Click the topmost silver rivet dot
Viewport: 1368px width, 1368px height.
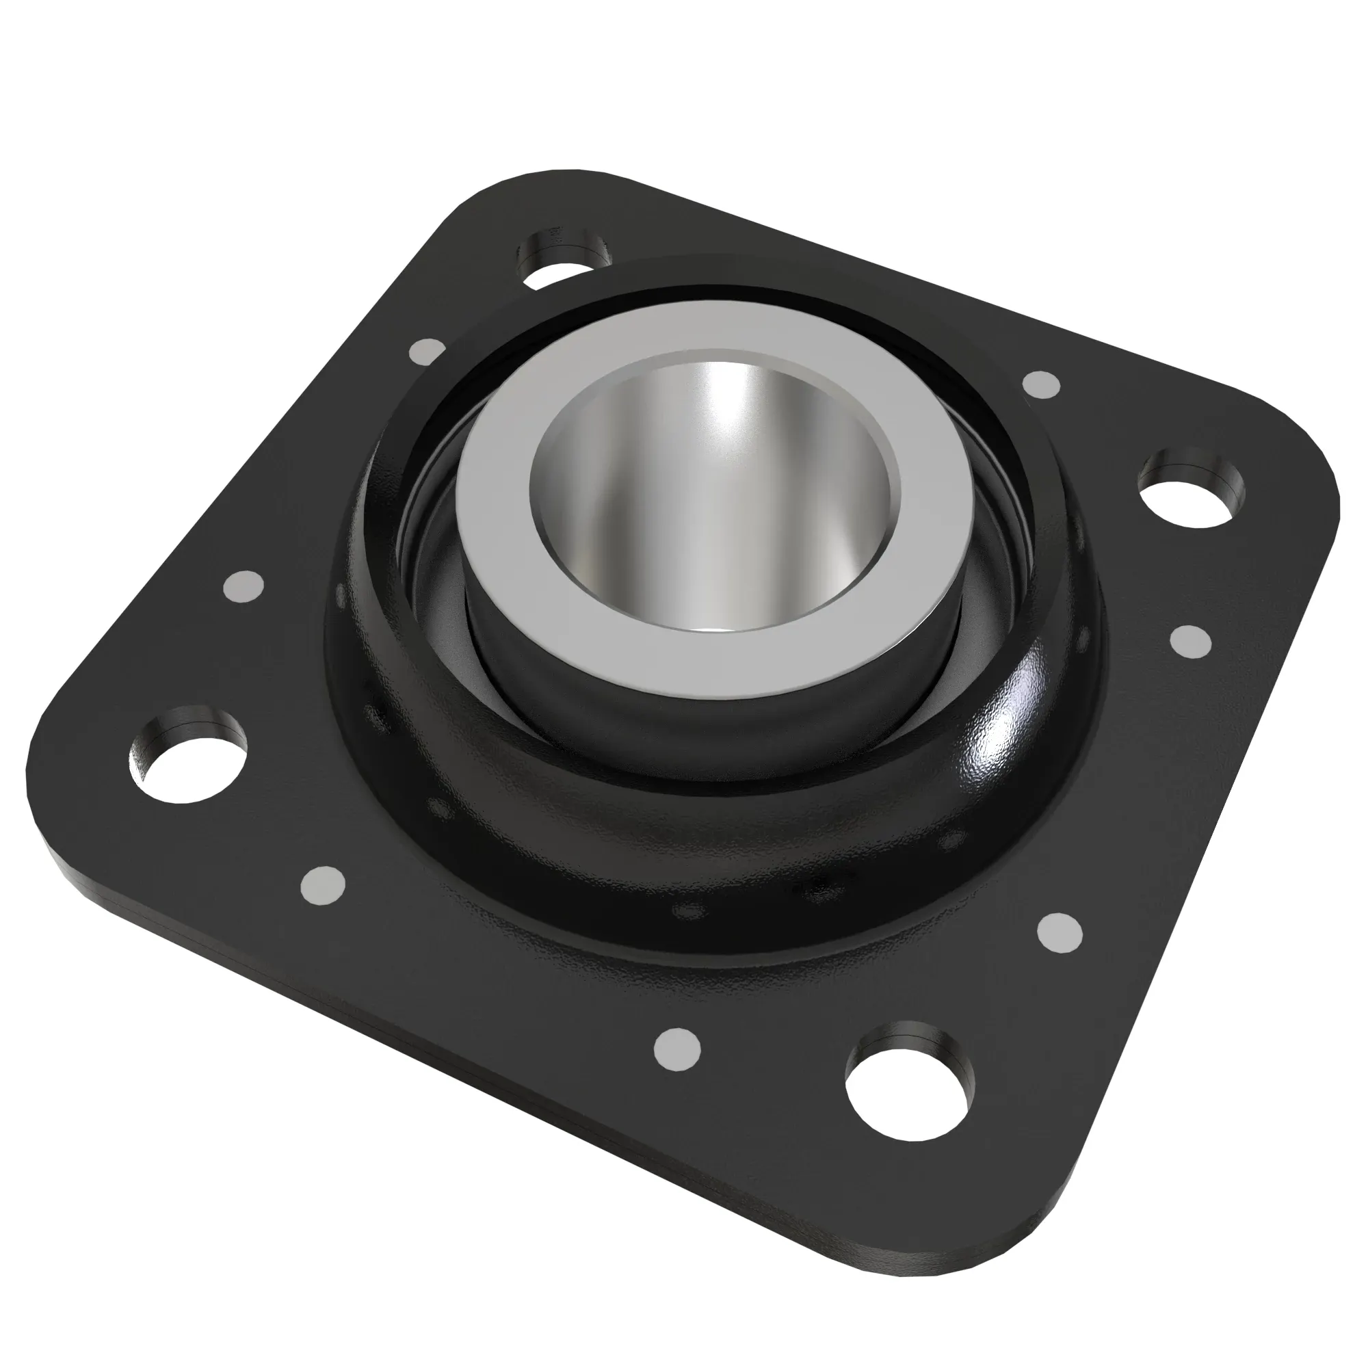427,350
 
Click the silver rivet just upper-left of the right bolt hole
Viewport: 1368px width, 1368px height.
1042,384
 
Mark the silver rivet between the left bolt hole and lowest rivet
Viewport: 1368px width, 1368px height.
322,885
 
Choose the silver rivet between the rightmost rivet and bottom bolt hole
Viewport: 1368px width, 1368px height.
1060,932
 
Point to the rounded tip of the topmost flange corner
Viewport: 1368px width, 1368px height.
560,176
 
